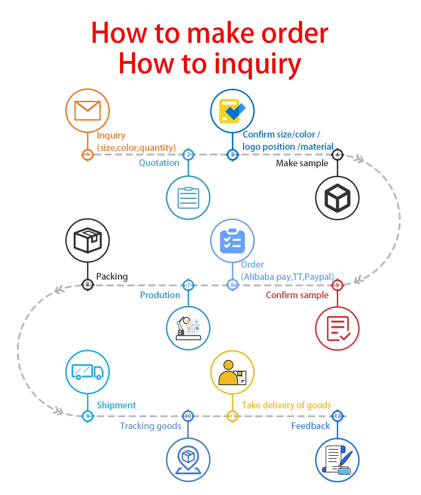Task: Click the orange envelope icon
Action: [x=88, y=111]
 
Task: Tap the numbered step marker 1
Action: [x=88, y=154]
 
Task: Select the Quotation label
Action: [x=159, y=163]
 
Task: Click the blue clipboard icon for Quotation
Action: [x=188, y=198]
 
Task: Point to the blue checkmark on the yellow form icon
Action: [x=236, y=110]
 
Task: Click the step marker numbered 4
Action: [x=337, y=154]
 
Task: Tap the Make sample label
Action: [x=302, y=163]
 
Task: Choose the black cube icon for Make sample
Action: [x=337, y=198]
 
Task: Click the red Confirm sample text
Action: [x=297, y=295]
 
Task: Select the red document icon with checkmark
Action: [x=337, y=328]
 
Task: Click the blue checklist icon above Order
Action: [x=232, y=241]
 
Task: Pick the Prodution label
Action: [x=160, y=295]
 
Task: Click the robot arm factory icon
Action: [x=188, y=328]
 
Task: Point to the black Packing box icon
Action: [x=88, y=240]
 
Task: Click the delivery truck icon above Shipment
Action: [x=88, y=372]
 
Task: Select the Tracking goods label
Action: [x=151, y=426]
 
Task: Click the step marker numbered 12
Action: [x=337, y=416]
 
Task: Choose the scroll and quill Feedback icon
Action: [x=337, y=460]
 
